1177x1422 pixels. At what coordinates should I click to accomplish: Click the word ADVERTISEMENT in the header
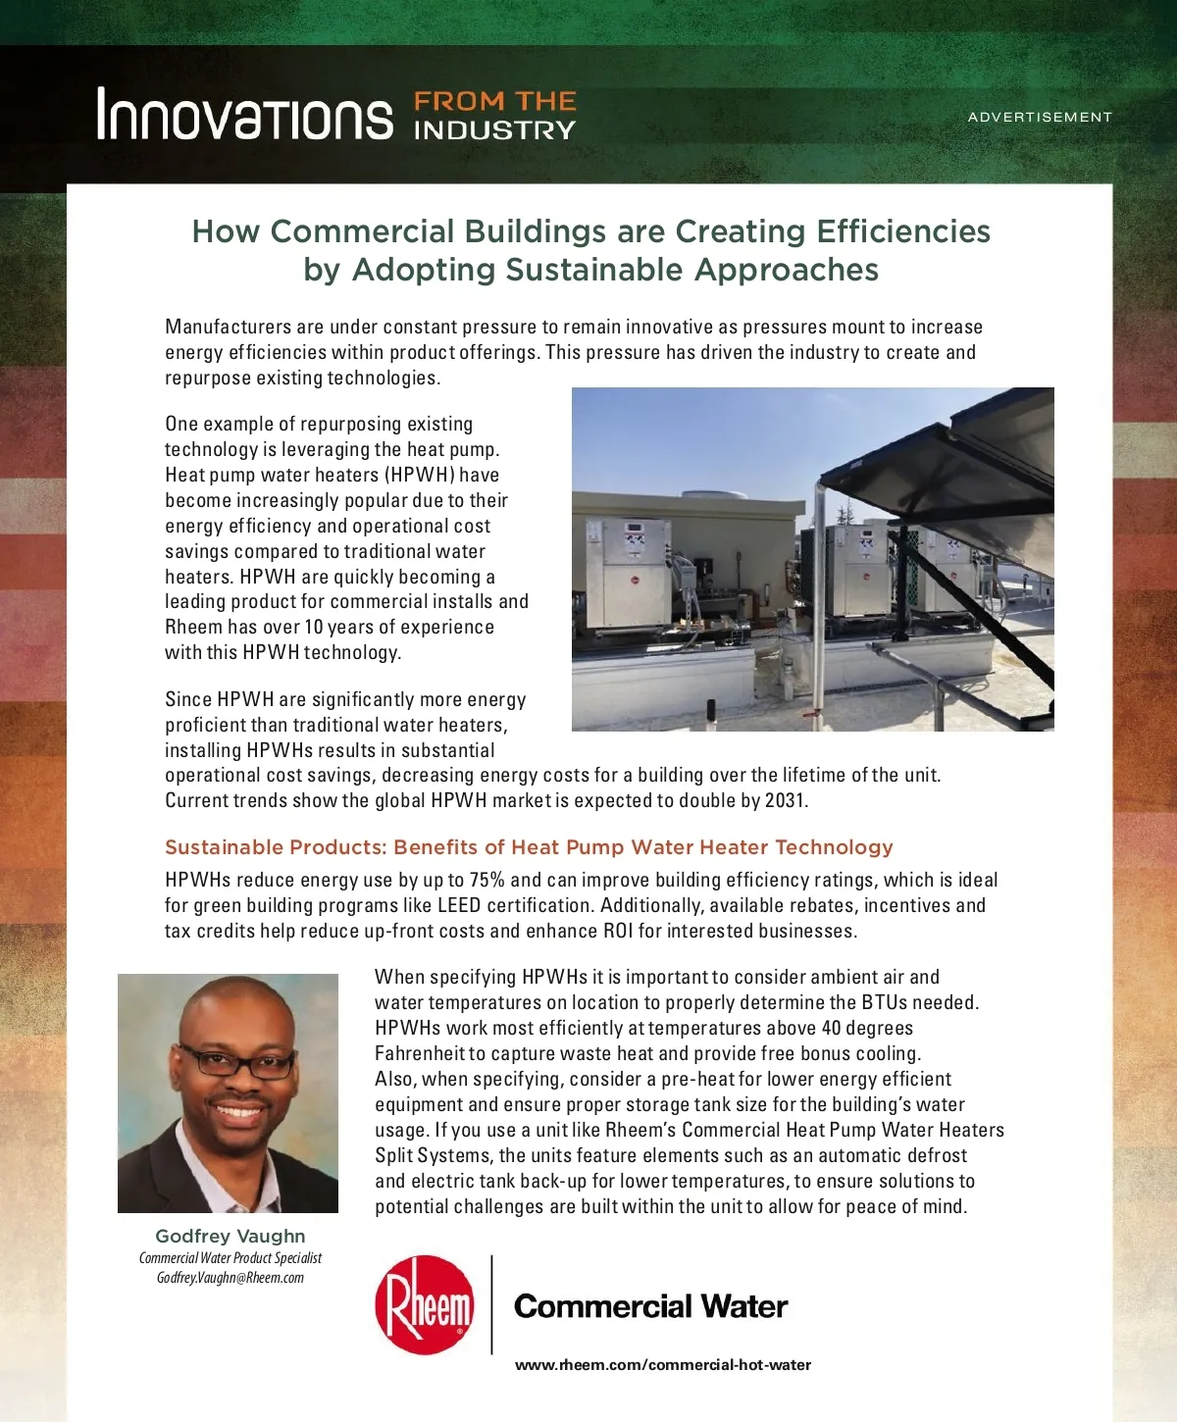click(1040, 117)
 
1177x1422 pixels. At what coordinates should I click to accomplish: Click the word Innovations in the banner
click(244, 115)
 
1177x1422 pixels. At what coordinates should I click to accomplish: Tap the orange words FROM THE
click(494, 101)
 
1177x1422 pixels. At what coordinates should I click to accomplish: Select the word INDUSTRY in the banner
click(494, 130)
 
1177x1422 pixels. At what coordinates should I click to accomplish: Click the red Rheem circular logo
click(424, 1304)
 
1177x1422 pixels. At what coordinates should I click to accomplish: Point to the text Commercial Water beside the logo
click(650, 1306)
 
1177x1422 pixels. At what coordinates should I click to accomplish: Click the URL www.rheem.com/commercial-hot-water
click(663, 1364)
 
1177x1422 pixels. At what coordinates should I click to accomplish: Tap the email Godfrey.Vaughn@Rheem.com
click(230, 1278)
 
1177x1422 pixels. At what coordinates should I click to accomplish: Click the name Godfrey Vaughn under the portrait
click(230, 1237)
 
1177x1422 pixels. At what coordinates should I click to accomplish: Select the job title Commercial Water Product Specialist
click(230, 1258)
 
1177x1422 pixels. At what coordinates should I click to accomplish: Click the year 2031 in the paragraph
click(785, 800)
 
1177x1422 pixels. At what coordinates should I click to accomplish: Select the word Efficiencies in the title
click(903, 231)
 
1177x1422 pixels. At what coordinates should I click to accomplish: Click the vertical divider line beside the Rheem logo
click(491, 1304)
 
